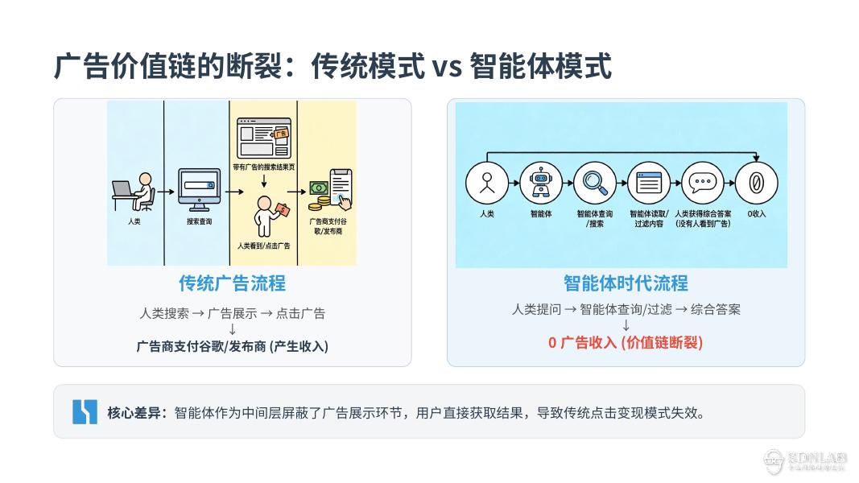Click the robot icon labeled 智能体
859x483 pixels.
point(541,182)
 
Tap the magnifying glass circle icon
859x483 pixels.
point(595,182)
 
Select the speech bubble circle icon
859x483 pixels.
point(702,182)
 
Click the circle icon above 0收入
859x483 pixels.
point(757,182)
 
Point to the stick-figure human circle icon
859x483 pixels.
point(487,182)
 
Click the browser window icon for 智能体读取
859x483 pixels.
point(649,182)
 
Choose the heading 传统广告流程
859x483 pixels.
point(232,283)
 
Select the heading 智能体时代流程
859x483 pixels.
point(626,283)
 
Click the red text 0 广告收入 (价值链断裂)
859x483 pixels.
point(626,342)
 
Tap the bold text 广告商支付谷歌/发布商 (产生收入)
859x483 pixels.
point(232,346)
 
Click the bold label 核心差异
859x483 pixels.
point(136,413)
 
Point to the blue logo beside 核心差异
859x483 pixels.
point(85,411)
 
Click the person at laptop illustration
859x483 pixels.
point(133,192)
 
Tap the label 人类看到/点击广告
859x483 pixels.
point(263,245)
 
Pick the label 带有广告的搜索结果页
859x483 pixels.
point(263,167)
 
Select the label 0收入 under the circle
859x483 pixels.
point(757,214)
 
